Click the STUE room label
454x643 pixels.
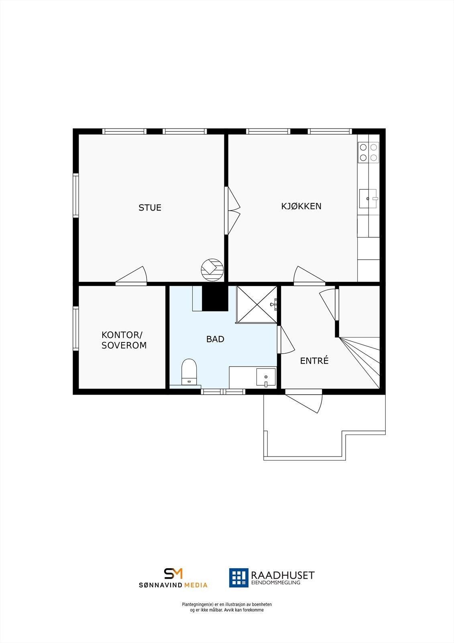[x=150, y=208]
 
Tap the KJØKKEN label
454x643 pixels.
[x=301, y=206]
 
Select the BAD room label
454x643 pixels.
[x=215, y=339]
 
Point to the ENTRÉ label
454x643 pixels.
[x=314, y=361]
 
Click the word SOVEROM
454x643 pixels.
[x=124, y=345]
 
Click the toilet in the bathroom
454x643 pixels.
[x=189, y=371]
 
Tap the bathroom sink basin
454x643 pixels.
[x=266, y=377]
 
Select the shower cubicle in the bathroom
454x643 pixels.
[x=256, y=304]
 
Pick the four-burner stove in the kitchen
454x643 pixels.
[x=368, y=153]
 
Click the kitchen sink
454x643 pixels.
[x=368, y=199]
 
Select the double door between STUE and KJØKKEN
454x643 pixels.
[x=232, y=211]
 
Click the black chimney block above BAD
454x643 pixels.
[x=215, y=298]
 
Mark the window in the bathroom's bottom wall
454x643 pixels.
[x=223, y=391]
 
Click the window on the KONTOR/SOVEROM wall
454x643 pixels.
[x=75, y=328]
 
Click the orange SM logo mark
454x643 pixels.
[x=173, y=573]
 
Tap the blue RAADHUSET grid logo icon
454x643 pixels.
[x=239, y=577]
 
